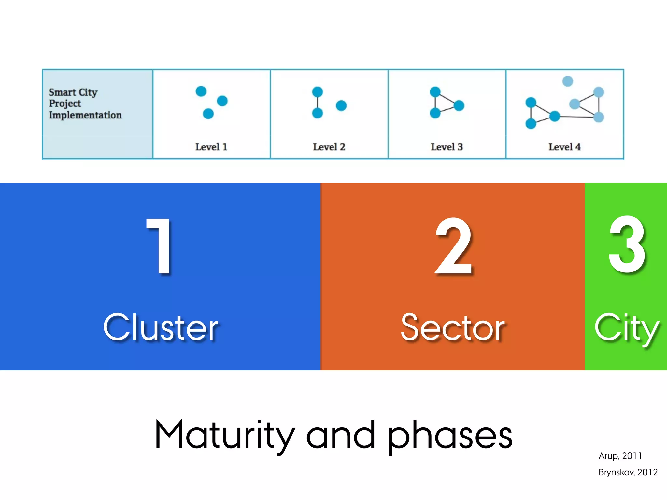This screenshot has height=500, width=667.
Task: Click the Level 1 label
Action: (211, 147)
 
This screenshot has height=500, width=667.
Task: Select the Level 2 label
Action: (329, 147)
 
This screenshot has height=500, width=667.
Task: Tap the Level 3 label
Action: (447, 147)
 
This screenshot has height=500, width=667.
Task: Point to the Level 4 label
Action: (564, 147)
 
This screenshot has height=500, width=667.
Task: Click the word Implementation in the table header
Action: (85, 115)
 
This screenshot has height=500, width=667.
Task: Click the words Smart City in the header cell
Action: (73, 92)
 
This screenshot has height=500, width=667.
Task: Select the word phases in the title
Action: (450, 436)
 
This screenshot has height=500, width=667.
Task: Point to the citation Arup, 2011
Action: (620, 456)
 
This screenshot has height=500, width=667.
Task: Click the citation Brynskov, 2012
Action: (628, 472)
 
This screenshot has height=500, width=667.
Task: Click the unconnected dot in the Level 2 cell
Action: (341, 105)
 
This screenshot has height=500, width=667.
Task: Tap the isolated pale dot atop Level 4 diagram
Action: (567, 81)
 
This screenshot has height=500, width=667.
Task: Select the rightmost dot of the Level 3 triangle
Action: (459, 105)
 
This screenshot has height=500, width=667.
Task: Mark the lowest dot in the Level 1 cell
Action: (208, 114)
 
